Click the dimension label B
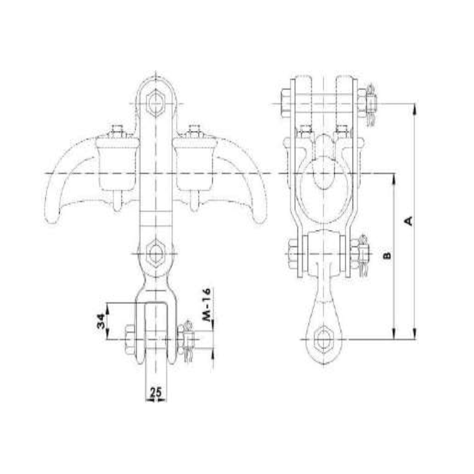(x=386, y=255)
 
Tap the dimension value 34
(x=101, y=321)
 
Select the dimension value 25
(x=156, y=391)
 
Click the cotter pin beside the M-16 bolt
(x=188, y=341)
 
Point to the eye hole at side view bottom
(x=324, y=340)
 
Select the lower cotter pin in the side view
(x=364, y=255)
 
